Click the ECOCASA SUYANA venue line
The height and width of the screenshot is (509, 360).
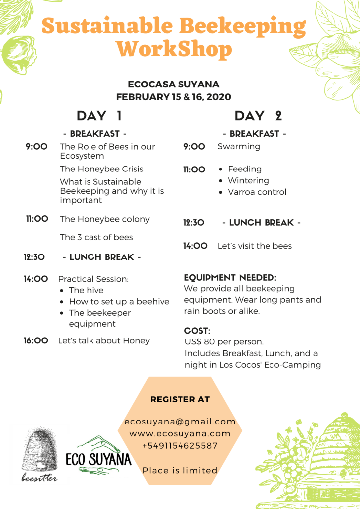coord(174,85)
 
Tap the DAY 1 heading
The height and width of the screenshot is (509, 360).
coord(99,116)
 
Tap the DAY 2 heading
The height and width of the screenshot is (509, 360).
coord(258,116)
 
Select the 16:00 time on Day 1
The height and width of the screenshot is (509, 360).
coord(36,340)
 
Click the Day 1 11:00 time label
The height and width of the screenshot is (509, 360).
coord(37,219)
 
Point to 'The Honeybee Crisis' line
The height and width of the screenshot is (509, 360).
coord(101,169)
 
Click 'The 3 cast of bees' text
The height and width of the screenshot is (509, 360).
coord(96,237)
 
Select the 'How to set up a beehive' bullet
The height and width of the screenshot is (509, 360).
coord(119,302)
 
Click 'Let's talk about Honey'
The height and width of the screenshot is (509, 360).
coord(104,340)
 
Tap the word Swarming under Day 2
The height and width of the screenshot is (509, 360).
coord(239,146)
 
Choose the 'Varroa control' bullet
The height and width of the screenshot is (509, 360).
coord(257,192)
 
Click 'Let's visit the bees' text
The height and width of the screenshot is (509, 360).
coord(255,246)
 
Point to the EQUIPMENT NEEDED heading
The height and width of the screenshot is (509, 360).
coord(230,277)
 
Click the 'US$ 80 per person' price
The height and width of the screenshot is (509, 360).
coord(224,342)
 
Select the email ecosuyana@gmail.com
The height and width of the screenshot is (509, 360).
coord(180,422)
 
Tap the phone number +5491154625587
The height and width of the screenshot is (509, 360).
coord(180,446)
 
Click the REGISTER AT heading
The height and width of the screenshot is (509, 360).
coord(180,399)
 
